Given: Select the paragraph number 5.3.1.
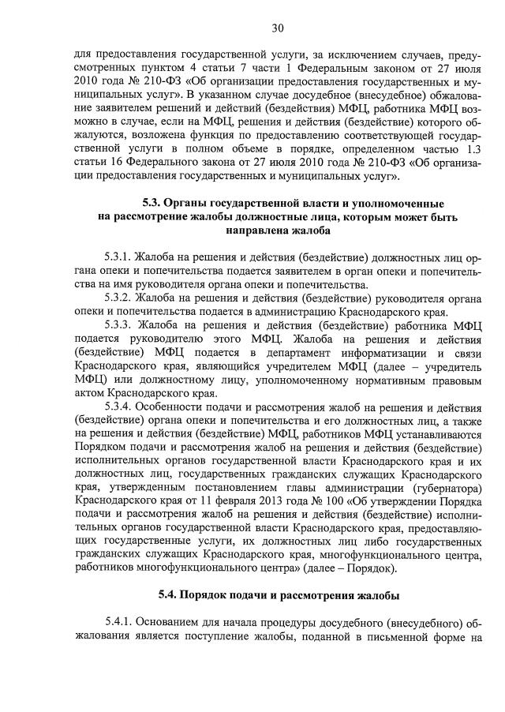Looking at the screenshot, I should pos(118,257).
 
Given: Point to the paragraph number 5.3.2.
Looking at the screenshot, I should pos(118,298).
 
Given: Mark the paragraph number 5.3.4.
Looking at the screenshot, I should pos(118,407).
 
